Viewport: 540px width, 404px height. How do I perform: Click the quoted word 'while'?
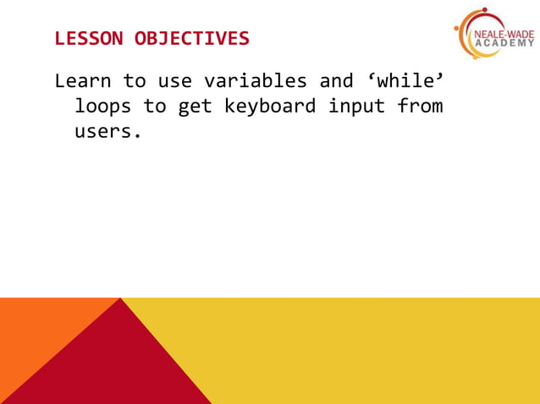point(405,82)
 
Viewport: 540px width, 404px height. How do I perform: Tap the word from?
point(421,107)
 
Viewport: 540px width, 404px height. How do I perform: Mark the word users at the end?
point(107,133)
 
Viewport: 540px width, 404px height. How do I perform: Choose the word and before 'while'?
point(336,82)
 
